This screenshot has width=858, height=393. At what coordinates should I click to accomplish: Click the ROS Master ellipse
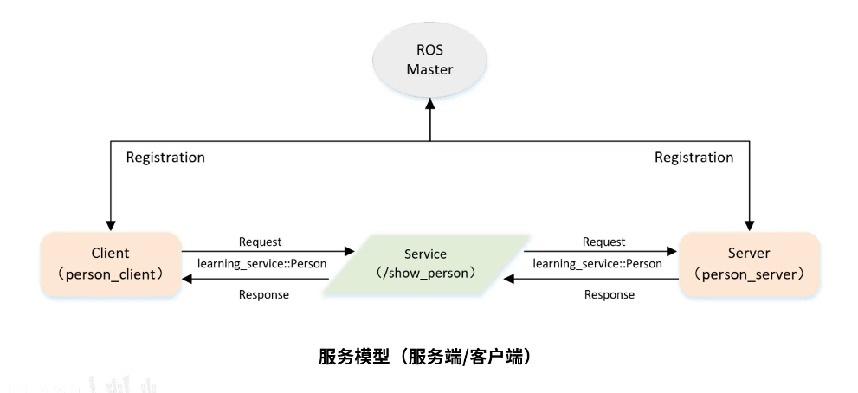pyautogui.click(x=430, y=60)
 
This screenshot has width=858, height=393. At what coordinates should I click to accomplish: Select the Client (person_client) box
pyautogui.click(x=110, y=263)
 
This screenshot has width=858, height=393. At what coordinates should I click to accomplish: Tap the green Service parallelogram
pyautogui.click(x=425, y=264)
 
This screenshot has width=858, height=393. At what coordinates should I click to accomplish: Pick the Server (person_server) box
pyautogui.click(x=750, y=263)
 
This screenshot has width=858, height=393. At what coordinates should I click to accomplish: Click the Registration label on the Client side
pyautogui.click(x=165, y=158)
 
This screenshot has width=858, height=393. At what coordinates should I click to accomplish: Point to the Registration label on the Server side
pyautogui.click(x=693, y=158)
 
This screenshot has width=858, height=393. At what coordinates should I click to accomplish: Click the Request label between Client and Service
pyautogui.click(x=260, y=242)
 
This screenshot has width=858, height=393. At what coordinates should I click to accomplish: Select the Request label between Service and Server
pyautogui.click(x=603, y=242)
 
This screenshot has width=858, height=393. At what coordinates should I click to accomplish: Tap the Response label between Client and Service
pyautogui.click(x=263, y=294)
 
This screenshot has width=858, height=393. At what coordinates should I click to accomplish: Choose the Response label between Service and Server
pyautogui.click(x=609, y=294)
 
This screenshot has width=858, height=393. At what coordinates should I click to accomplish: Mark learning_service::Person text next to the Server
pyautogui.click(x=598, y=263)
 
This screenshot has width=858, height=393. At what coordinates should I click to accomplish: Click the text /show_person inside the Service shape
pyautogui.click(x=425, y=273)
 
